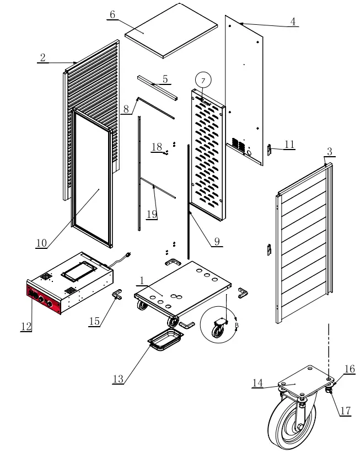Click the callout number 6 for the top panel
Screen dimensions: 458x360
pos(112,14)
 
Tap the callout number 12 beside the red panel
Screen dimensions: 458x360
pos(26,326)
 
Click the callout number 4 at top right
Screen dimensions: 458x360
pos(293,22)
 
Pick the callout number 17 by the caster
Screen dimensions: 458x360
pos(345,411)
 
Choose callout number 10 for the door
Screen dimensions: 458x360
pos(41,243)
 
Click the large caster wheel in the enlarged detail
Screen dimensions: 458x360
pos(287,425)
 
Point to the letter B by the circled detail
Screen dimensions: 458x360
pos(237,326)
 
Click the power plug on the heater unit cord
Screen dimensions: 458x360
pos(130,254)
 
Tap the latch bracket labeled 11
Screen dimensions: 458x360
pos(270,149)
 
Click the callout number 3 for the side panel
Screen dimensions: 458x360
pos(329,151)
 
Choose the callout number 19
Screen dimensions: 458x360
pos(151,213)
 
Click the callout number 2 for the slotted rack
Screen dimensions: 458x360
pos(42,57)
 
